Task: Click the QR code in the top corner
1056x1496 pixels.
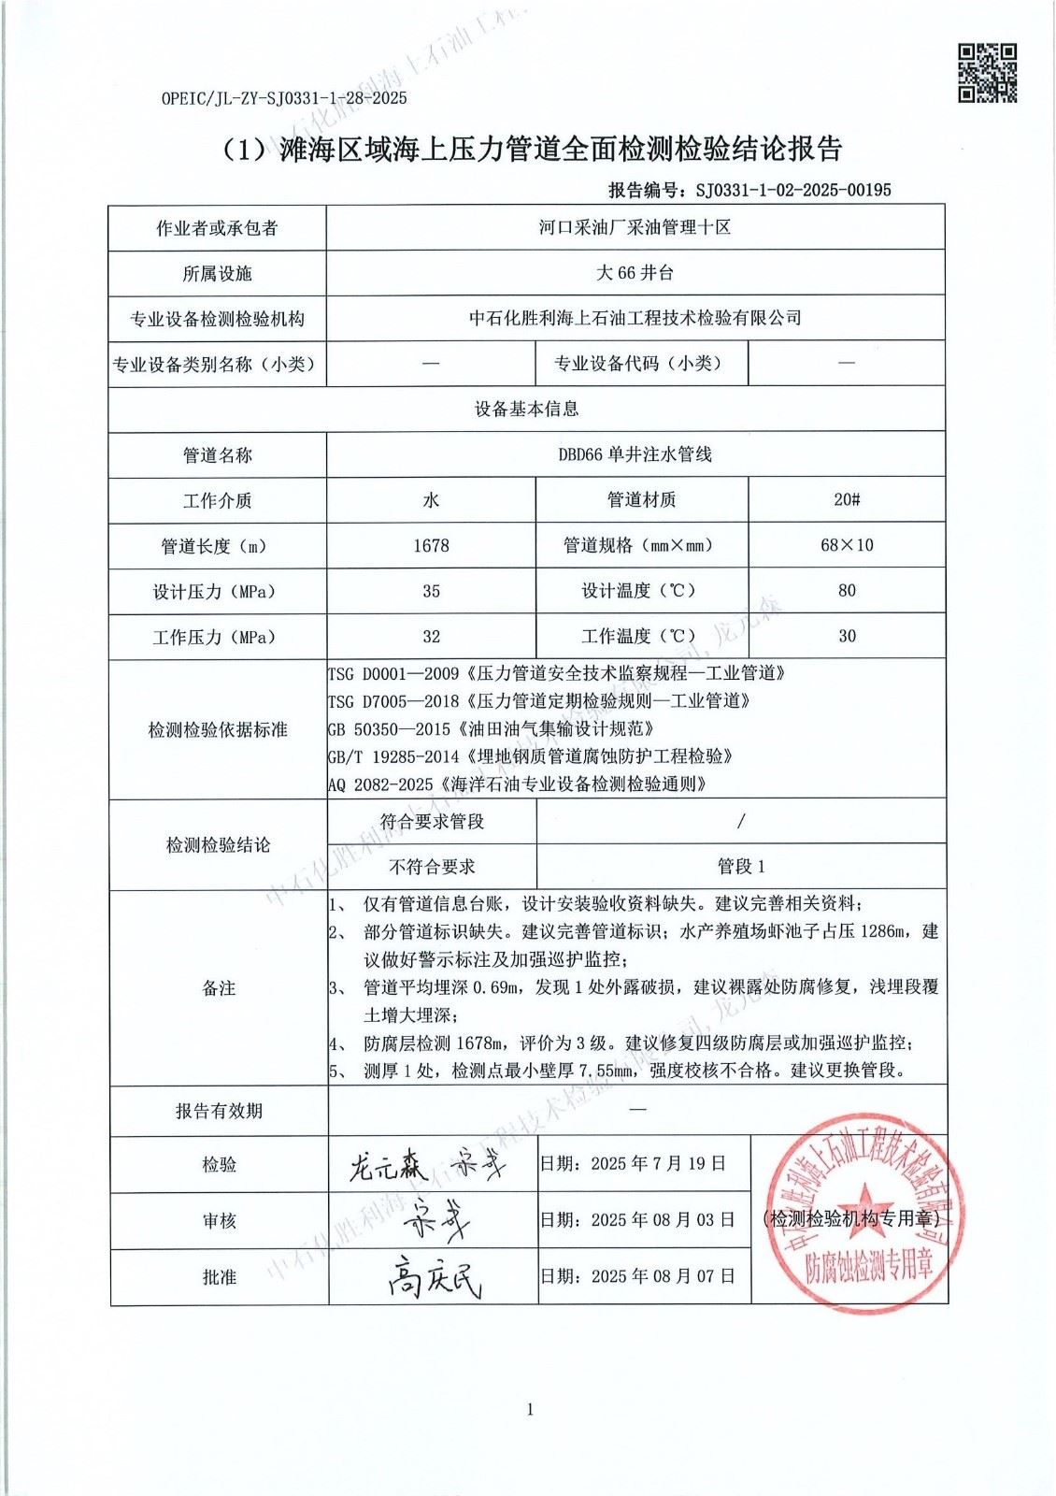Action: point(987,72)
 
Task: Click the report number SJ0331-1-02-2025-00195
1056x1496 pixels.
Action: point(793,190)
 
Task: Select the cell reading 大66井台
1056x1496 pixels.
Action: point(635,273)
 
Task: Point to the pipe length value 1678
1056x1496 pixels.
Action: point(431,545)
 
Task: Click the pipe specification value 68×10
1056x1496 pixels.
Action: point(847,544)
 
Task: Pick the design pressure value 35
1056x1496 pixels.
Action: point(431,591)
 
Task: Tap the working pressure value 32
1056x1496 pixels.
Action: point(431,637)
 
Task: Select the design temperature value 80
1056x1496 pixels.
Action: point(847,590)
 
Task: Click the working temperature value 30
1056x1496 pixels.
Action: point(847,636)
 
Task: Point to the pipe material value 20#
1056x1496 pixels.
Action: point(847,499)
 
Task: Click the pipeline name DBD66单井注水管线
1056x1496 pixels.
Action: point(635,454)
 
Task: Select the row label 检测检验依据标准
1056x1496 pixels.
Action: point(218,729)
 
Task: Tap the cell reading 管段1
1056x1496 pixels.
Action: point(741,867)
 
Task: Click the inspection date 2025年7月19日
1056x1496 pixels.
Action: point(633,1164)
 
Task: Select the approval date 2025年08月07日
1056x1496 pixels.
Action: point(637,1275)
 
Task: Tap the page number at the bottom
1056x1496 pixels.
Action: point(530,1409)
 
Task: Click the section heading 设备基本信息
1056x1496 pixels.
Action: point(527,409)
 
